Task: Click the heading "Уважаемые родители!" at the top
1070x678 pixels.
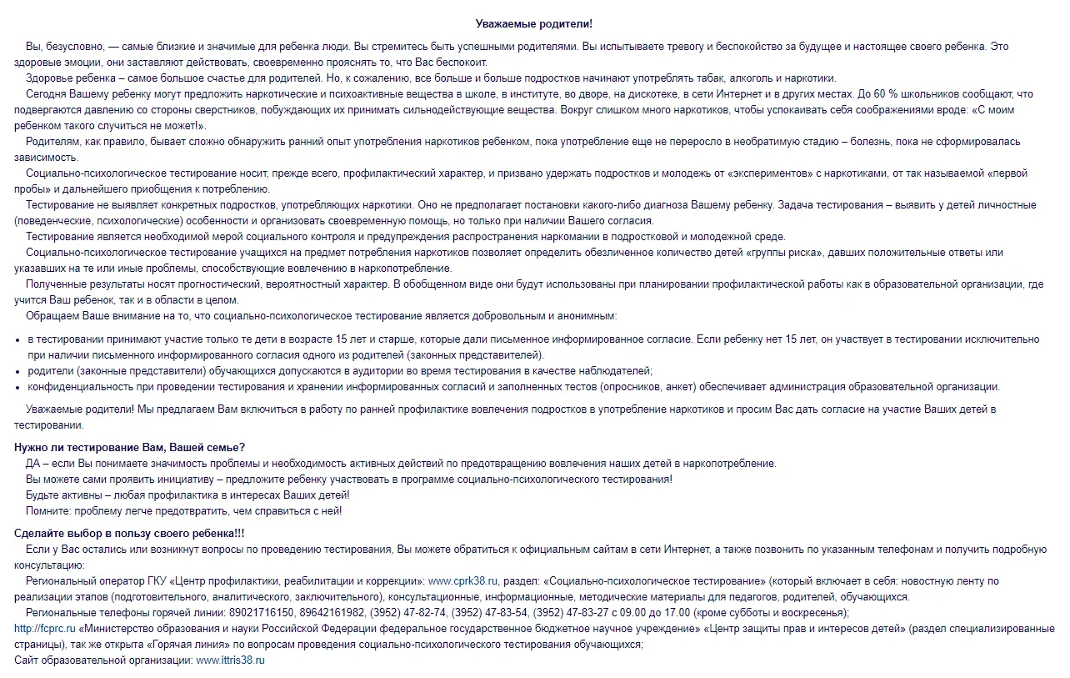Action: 534,24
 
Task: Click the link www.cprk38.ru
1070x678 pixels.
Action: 462,581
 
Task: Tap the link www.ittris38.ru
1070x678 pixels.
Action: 230,660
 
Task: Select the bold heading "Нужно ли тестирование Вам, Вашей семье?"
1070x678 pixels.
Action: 129,448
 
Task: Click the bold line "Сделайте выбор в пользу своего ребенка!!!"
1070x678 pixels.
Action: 129,534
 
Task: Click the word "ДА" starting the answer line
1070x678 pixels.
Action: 33,464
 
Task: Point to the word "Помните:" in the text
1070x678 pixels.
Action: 48,511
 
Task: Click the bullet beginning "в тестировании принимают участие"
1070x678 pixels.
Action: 18,340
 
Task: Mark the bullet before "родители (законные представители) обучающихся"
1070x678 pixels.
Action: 18,372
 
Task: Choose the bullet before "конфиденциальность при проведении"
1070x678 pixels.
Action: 18,388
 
